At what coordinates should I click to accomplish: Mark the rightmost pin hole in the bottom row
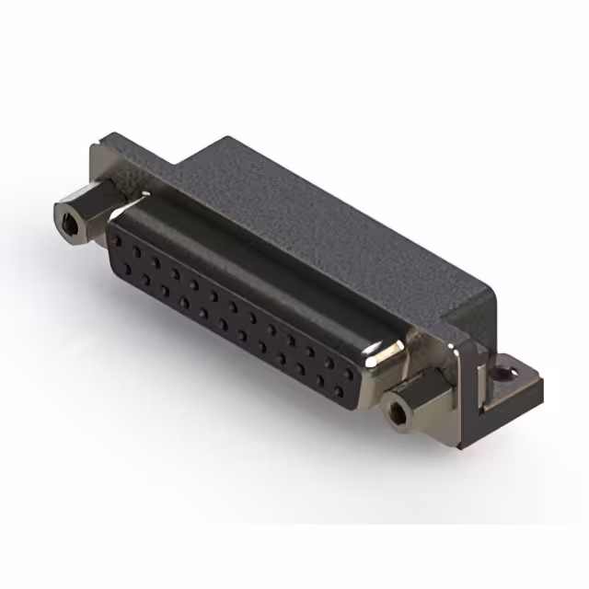340,391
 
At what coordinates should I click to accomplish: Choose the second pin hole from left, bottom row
145,281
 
